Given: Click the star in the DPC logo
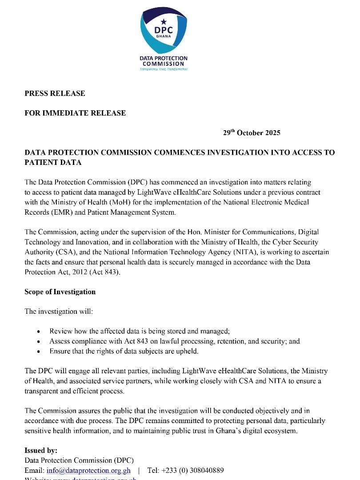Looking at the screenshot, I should tap(163, 21).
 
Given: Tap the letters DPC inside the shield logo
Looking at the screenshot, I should tap(163, 30).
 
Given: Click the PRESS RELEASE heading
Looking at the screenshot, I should tap(55, 93).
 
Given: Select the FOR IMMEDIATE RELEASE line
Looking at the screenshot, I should tap(75, 113).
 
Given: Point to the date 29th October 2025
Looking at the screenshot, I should tap(252, 133).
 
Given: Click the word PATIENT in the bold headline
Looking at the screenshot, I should tap(53, 162).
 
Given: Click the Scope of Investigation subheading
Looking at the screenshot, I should tap(60, 292).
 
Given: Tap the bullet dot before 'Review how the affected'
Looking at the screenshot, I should tap(40, 332).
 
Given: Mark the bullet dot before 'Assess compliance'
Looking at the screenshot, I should tap(40, 342).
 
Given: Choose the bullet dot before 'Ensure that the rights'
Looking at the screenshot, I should tap(40, 352).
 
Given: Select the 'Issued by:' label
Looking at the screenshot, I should tap(41, 450).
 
